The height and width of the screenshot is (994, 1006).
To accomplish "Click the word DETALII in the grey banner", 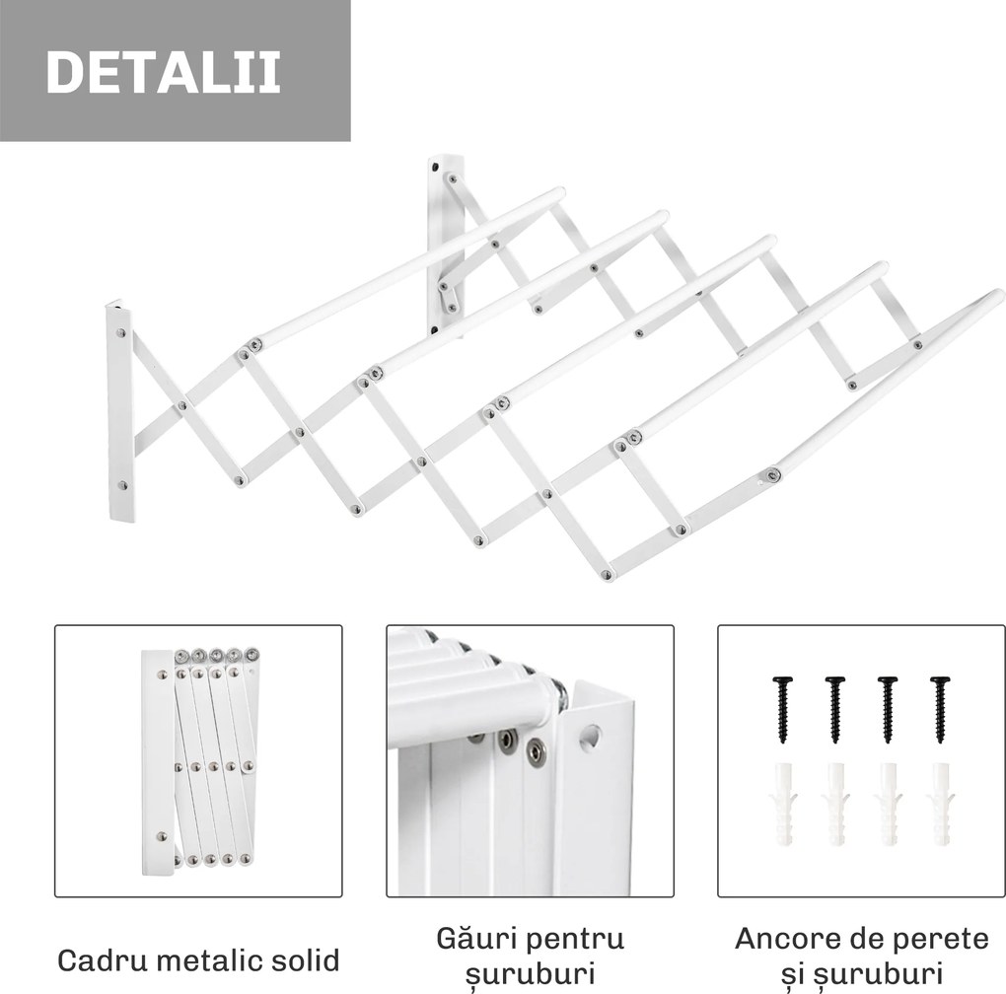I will point(163,71).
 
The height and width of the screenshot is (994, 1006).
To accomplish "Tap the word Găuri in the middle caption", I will point(474,937).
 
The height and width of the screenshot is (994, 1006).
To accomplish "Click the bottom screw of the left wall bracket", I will point(122,485).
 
